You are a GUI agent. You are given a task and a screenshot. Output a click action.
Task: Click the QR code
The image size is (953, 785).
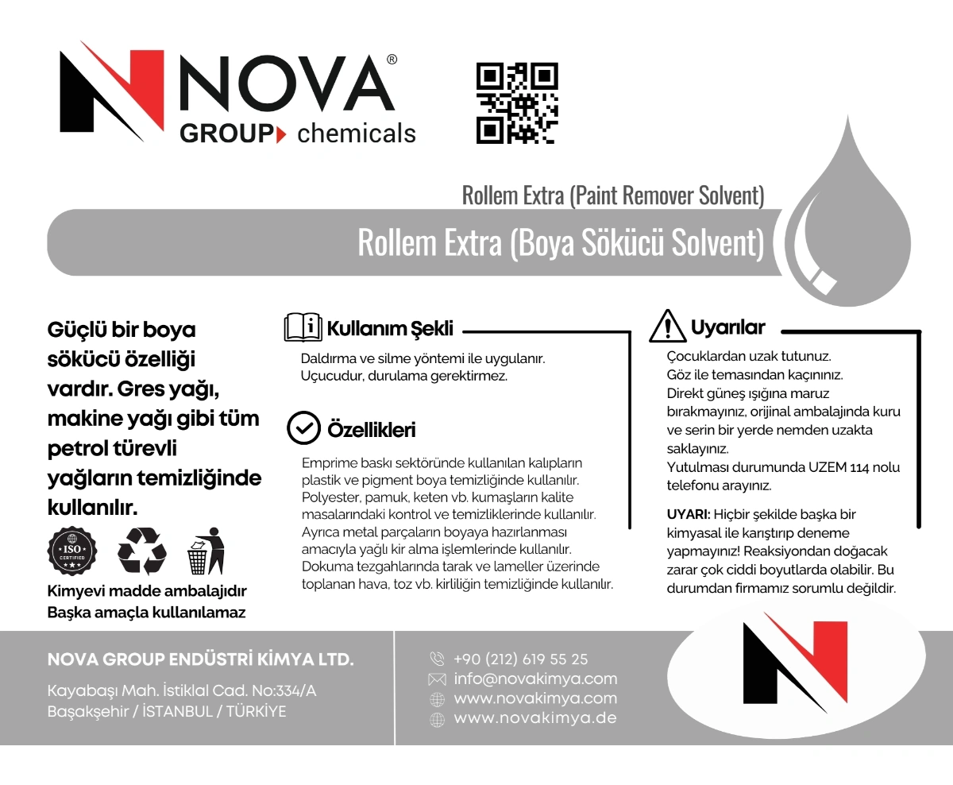517,104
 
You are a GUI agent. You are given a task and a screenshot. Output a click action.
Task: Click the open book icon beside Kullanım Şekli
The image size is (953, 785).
303,327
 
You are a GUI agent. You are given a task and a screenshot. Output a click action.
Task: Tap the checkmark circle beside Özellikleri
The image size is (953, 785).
303,428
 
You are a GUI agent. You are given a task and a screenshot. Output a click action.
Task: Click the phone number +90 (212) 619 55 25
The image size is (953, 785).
521,659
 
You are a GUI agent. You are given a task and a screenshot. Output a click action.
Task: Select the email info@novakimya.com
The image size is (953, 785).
535,679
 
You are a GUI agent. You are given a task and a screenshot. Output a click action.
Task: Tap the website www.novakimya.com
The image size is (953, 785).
535,699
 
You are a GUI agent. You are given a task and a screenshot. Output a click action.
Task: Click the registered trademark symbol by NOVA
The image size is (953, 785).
392,60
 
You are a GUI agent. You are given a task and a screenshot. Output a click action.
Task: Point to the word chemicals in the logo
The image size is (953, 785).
357,133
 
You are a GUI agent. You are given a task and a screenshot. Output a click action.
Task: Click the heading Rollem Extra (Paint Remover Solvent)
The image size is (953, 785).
613,195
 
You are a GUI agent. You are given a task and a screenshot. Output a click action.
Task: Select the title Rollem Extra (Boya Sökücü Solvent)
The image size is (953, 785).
561,243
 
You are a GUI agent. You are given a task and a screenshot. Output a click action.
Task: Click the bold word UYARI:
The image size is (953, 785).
688,514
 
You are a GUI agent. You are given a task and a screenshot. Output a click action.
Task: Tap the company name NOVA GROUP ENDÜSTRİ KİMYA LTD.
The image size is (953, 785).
201,660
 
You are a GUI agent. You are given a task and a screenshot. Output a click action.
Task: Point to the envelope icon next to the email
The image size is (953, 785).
437,679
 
